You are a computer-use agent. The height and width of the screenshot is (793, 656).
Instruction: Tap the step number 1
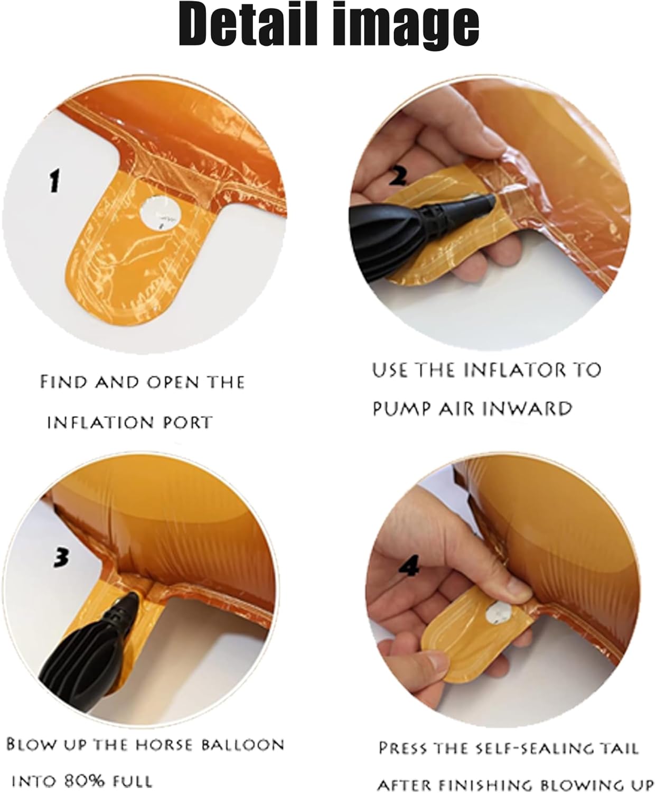tap(54, 181)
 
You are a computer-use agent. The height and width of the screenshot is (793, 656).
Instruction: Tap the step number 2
tap(398, 176)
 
